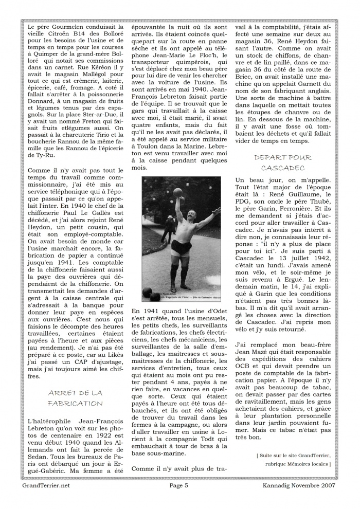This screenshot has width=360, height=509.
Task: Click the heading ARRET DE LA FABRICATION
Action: coord(75,398)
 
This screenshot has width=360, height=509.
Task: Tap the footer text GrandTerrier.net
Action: coord(46,484)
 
